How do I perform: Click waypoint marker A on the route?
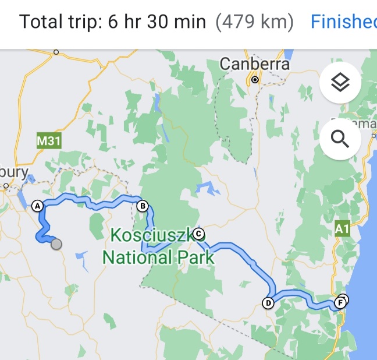coord(38,206)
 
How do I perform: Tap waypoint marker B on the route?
coord(141,206)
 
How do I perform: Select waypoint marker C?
coord(198,234)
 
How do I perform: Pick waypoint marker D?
coord(268,302)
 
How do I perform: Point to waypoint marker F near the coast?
coord(340,302)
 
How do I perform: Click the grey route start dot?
coord(56,244)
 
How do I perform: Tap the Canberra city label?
coord(254,64)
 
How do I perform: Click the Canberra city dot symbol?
coord(255,79)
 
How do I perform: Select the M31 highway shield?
coord(49,140)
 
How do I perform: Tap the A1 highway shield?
coord(343,229)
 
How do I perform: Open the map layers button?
coord(340,83)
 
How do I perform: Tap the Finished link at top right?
coord(343,22)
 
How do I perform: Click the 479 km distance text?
coord(254,22)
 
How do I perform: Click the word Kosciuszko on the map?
coord(152,235)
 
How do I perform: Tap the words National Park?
coord(158,256)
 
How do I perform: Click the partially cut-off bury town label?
coord(15,172)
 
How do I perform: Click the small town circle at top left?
coord(56,52)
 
